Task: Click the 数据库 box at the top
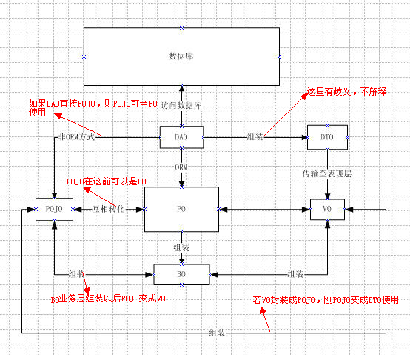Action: (x=181, y=56)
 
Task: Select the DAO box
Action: (x=181, y=137)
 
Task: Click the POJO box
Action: (x=54, y=210)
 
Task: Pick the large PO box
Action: (x=181, y=210)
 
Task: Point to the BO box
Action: (x=181, y=274)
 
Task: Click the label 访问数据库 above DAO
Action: (x=181, y=106)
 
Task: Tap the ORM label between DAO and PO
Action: (x=181, y=167)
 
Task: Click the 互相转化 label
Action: (x=108, y=210)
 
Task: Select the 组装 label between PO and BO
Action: (x=181, y=247)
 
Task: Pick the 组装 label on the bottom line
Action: (x=218, y=331)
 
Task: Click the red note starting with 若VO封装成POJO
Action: (x=326, y=299)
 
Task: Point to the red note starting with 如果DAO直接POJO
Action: (x=92, y=107)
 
